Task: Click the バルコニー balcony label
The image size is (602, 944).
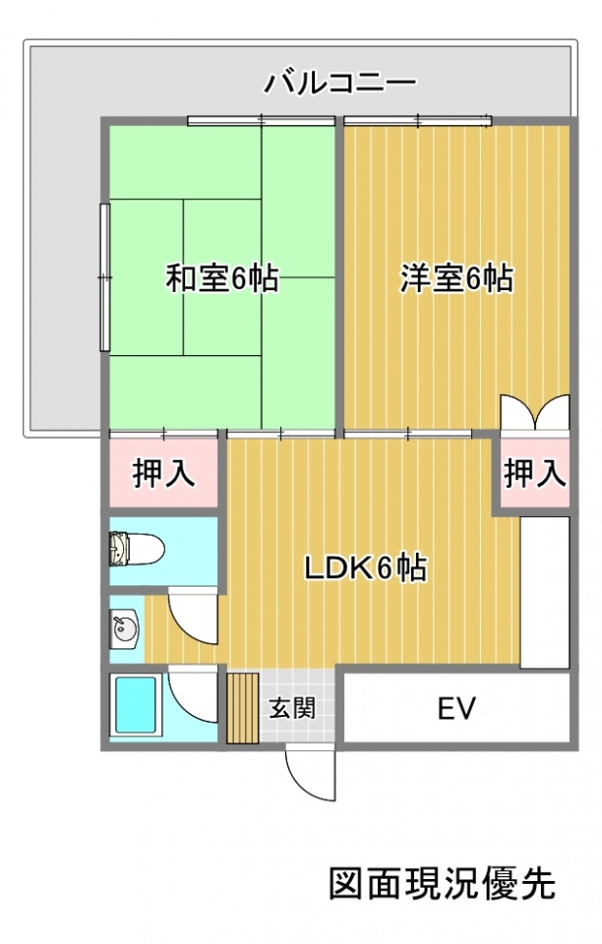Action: (340, 83)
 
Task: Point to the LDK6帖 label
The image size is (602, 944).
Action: (365, 567)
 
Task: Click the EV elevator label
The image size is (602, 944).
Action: (456, 708)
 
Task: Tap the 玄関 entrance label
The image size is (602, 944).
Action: (292, 708)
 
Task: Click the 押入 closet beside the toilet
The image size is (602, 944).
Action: (163, 473)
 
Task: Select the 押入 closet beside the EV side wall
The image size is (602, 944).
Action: (534, 473)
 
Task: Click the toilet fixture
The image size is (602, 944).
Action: (137, 549)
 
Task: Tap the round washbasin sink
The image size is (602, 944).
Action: (125, 629)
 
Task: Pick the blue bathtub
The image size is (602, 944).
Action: (136, 704)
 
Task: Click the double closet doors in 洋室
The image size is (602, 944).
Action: (534, 412)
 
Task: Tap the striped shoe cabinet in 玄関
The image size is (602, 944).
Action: (243, 708)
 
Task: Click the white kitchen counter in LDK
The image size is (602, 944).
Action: (544, 592)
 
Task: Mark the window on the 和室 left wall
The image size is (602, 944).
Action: (104, 277)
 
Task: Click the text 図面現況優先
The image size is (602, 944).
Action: (443, 883)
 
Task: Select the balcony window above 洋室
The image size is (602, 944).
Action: (418, 121)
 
